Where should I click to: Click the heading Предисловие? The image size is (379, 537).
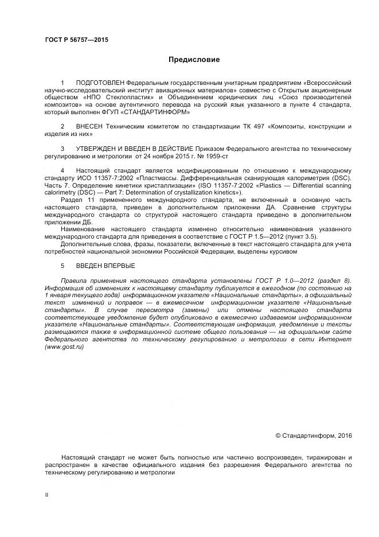194,59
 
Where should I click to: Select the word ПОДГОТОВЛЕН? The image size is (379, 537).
100,83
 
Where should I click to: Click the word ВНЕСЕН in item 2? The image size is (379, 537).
91,126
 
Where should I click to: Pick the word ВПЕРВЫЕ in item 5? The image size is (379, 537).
119,265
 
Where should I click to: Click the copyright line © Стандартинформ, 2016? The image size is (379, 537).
314,435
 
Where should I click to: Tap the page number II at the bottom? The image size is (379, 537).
47,495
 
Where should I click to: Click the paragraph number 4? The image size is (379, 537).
62,170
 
